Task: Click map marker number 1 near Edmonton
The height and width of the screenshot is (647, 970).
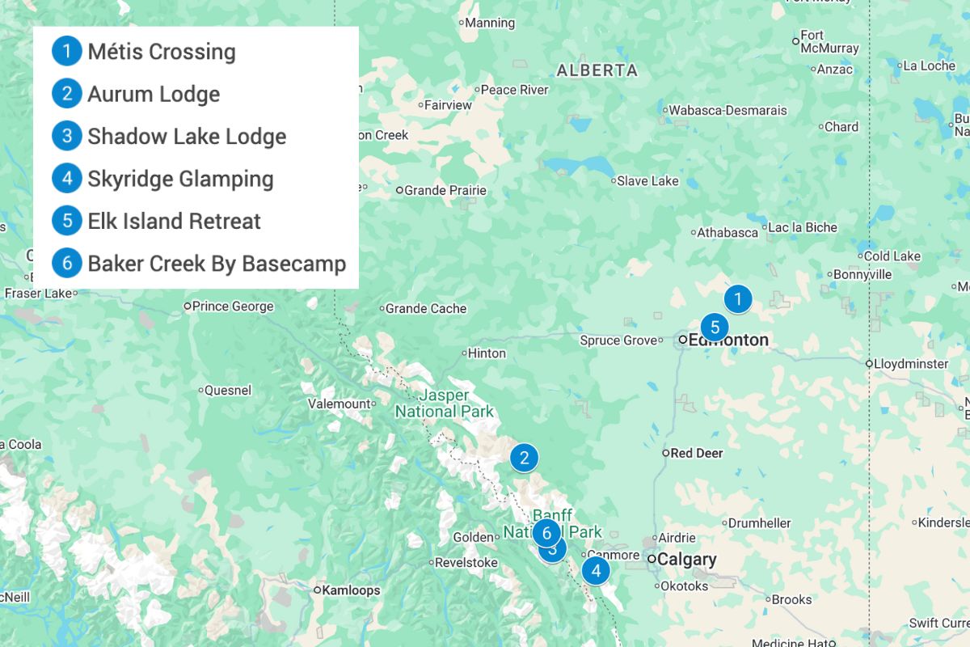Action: (x=737, y=299)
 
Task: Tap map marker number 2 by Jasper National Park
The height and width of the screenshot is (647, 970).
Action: (x=524, y=459)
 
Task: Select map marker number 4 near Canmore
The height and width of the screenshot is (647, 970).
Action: (x=596, y=571)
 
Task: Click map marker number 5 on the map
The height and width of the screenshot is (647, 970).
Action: (x=715, y=328)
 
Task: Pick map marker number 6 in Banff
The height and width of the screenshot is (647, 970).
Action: (x=546, y=533)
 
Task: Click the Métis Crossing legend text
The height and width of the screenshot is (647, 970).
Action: (x=162, y=52)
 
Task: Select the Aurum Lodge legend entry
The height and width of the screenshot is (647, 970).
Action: (x=154, y=94)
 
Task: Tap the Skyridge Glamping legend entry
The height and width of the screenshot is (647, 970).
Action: (x=180, y=179)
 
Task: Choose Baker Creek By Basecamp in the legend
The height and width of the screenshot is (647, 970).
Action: (x=217, y=264)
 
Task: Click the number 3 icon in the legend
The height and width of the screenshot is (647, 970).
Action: (x=67, y=136)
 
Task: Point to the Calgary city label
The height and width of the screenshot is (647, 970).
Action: (x=686, y=560)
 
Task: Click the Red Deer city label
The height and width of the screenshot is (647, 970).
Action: (x=696, y=453)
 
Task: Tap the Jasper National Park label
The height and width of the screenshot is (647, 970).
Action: (x=444, y=403)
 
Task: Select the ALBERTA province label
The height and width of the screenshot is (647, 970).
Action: (x=597, y=70)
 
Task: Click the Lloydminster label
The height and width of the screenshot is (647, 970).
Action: (x=912, y=364)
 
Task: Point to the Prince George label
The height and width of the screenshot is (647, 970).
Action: (x=233, y=307)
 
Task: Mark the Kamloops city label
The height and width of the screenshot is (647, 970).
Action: (x=351, y=590)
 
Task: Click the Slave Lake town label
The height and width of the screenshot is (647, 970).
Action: (x=647, y=181)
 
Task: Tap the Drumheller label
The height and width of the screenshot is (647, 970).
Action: (x=759, y=523)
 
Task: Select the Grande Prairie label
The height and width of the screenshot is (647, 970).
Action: (x=445, y=191)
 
